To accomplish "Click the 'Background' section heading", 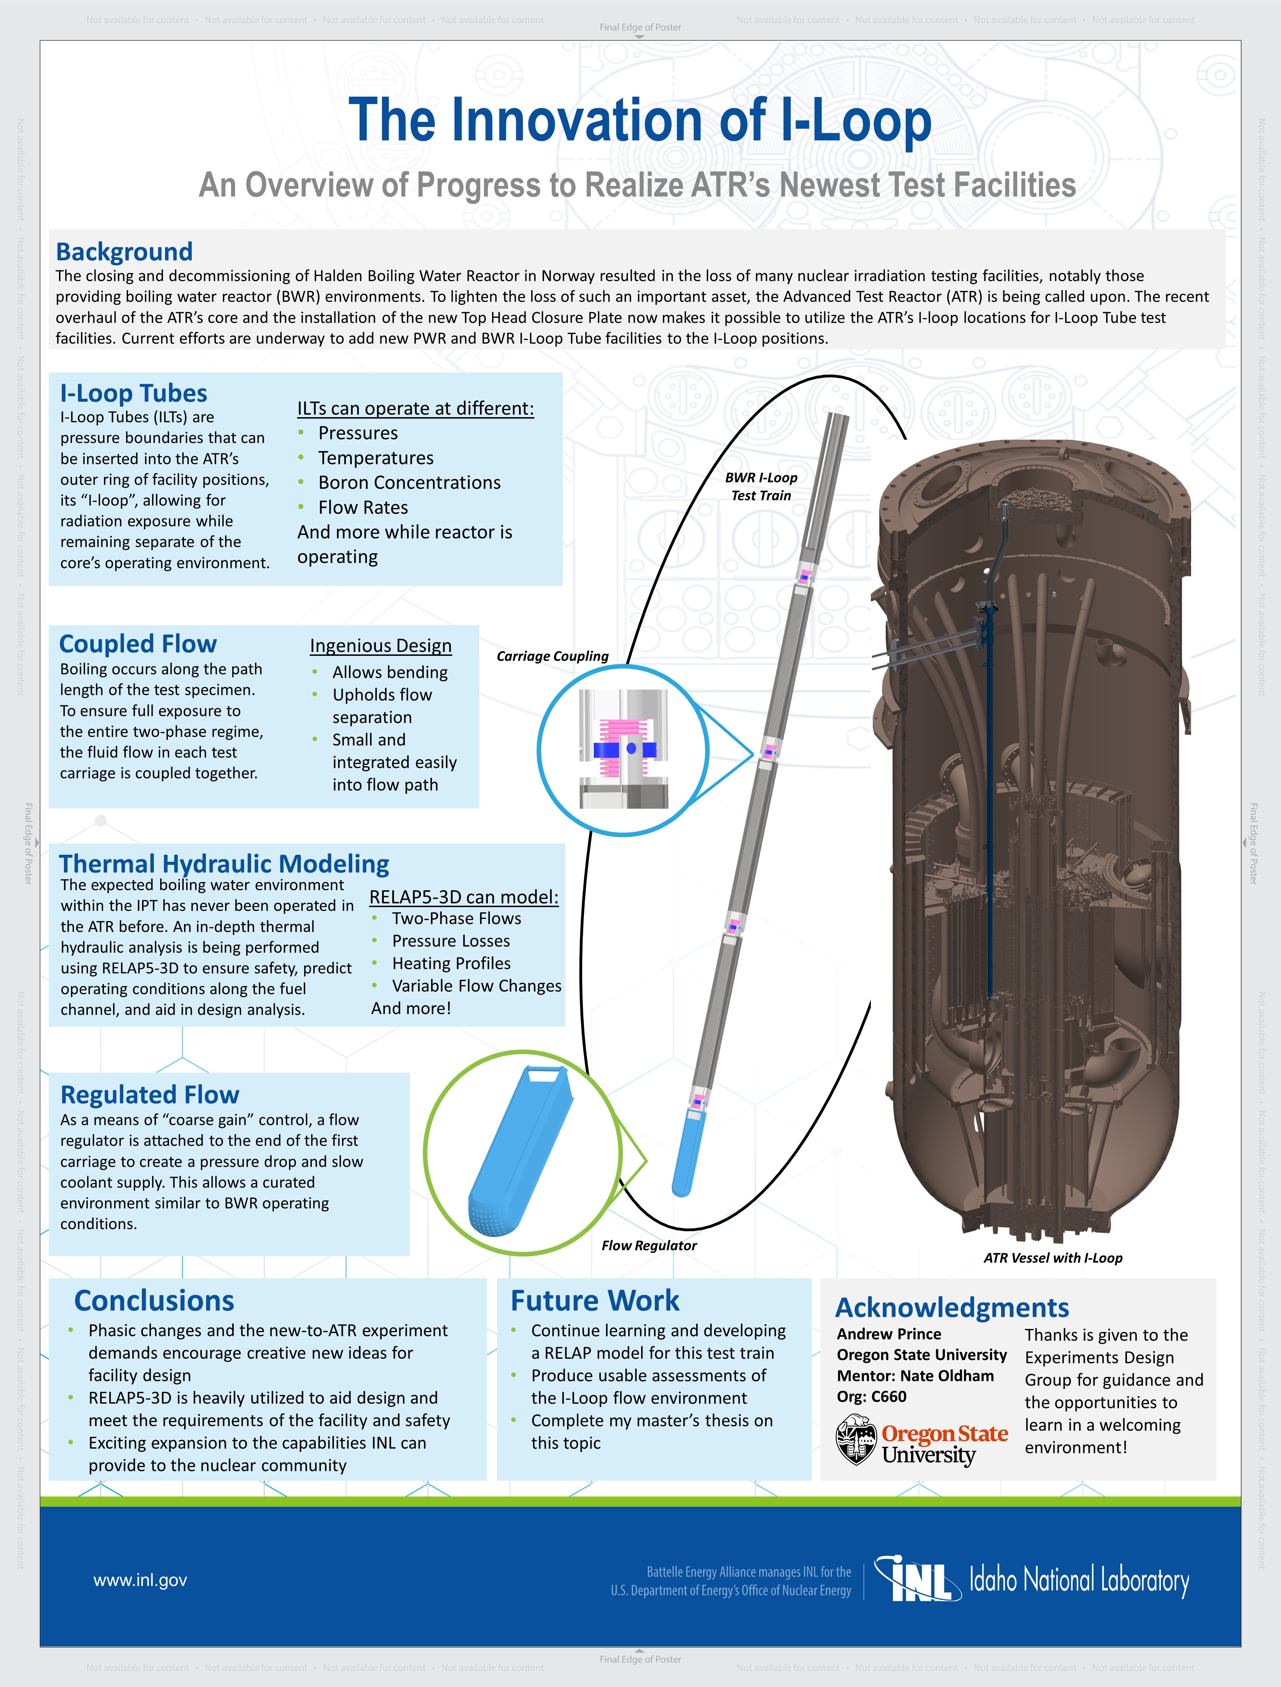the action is coord(124,252).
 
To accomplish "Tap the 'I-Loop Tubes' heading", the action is coord(133,393).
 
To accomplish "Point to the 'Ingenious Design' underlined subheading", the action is coord(381,646).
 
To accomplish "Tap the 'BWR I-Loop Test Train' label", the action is coord(761,486).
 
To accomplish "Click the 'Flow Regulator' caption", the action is coord(649,1245).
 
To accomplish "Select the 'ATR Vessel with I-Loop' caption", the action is coord(1053,1258).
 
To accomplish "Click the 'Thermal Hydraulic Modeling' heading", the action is coord(224,864).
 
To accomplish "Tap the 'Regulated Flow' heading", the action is coord(150,1095).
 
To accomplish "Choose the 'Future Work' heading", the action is coord(595,1300).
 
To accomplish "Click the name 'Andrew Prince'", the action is coord(889,1334).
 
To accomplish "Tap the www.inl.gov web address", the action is coord(140,1580).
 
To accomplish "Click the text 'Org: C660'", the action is coord(872,1396).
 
